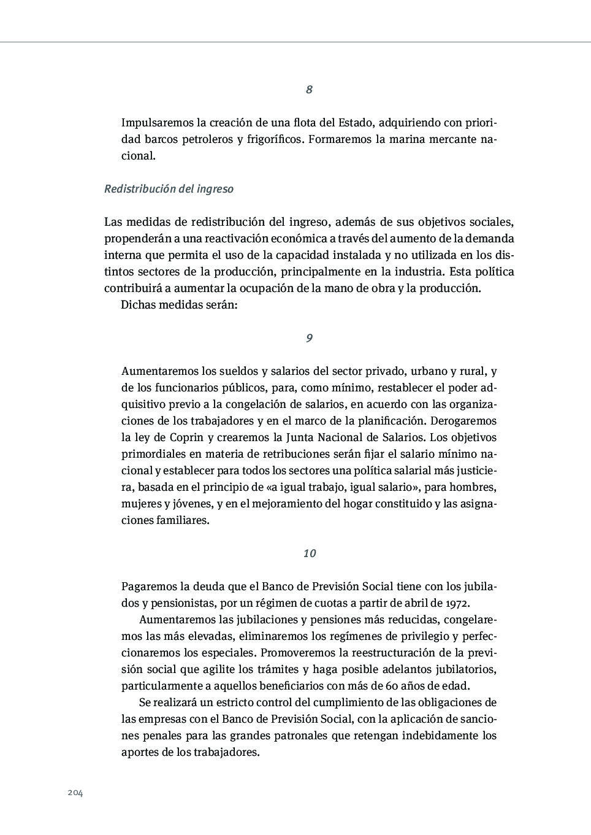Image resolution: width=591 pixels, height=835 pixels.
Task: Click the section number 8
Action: coord(309,90)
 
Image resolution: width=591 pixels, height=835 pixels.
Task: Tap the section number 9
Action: coord(309,338)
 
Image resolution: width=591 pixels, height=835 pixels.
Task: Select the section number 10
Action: coord(309,553)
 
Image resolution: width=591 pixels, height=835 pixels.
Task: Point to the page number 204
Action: coord(75,793)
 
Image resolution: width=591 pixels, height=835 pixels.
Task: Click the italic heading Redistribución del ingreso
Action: coord(169,189)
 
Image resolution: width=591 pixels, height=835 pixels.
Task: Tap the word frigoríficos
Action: coord(275,139)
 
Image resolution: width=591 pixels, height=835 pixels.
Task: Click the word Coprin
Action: coord(186,438)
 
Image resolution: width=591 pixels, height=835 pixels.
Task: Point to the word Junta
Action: coord(301,438)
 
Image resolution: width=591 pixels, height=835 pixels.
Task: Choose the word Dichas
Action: coord(137,305)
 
